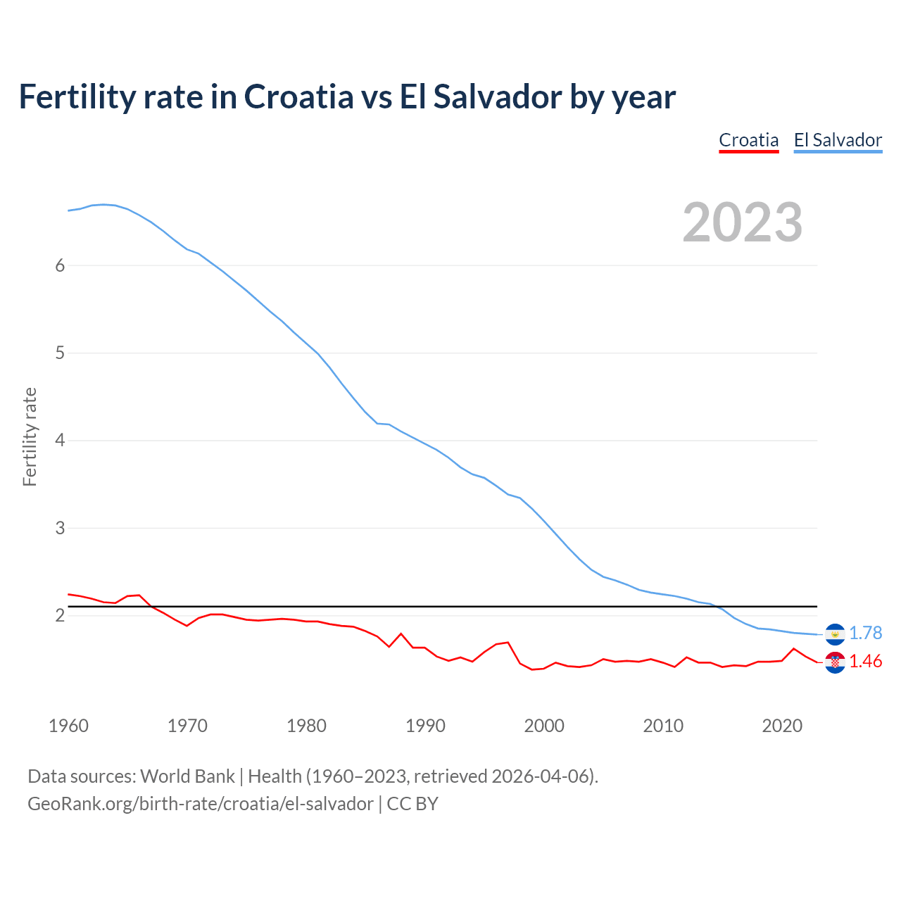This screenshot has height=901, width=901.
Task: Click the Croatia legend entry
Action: (x=748, y=140)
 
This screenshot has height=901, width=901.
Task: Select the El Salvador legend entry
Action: (x=838, y=140)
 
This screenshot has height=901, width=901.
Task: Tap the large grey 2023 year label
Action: (x=743, y=222)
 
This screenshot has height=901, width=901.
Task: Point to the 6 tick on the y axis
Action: (x=60, y=265)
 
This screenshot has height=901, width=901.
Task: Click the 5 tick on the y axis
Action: (x=60, y=353)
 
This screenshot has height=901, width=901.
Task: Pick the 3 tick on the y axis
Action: (x=60, y=528)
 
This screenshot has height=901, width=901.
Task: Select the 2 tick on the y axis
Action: (x=60, y=615)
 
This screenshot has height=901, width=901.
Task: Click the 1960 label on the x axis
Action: (x=68, y=726)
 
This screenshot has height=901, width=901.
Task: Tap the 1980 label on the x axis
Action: (x=306, y=726)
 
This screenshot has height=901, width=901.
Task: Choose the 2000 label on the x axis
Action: (x=544, y=726)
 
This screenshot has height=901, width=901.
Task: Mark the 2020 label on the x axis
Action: (x=782, y=726)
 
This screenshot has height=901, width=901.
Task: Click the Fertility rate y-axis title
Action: (x=30, y=436)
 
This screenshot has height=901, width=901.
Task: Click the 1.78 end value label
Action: (x=865, y=634)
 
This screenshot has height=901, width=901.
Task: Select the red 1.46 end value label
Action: (x=865, y=662)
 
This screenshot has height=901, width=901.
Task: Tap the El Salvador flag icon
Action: (x=835, y=634)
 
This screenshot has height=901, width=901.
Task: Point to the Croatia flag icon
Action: (x=835, y=662)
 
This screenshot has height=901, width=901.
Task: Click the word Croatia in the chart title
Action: (x=298, y=96)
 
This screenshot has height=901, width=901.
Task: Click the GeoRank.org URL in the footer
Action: (x=201, y=804)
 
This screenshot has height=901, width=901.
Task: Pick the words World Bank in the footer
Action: (x=187, y=776)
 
